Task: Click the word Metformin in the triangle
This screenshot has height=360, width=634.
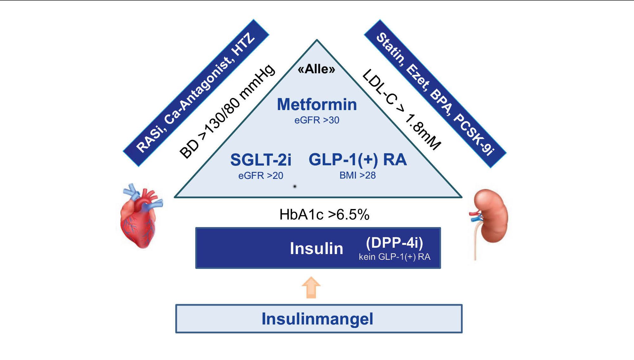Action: pyautogui.click(x=317, y=104)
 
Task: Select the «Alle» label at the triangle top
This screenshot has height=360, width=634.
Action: pyautogui.click(x=316, y=69)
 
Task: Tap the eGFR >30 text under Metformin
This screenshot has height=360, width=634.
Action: pyautogui.click(x=317, y=120)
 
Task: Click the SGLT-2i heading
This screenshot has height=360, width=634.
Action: pyautogui.click(x=261, y=160)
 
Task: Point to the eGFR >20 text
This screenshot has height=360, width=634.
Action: pyautogui.click(x=261, y=175)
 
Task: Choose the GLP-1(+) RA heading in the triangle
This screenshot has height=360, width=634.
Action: pyautogui.click(x=358, y=159)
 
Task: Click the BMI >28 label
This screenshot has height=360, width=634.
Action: pyautogui.click(x=358, y=175)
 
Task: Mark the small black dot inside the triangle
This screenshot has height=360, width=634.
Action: pyautogui.click(x=295, y=186)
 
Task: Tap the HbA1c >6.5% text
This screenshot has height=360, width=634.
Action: pyautogui.click(x=324, y=214)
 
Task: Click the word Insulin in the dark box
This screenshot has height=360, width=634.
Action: pyautogui.click(x=316, y=248)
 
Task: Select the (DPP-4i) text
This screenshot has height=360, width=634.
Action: pyautogui.click(x=394, y=243)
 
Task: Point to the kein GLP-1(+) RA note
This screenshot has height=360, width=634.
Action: pyautogui.click(x=394, y=257)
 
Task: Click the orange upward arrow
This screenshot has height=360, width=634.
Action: pyautogui.click(x=311, y=287)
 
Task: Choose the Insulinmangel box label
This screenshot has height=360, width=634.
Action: pyautogui.click(x=317, y=319)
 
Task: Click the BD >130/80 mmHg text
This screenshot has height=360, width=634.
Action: pyautogui.click(x=227, y=111)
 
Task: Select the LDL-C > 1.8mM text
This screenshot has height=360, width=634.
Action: pyautogui.click(x=402, y=109)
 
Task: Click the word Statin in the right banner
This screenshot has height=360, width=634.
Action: pyautogui.click(x=391, y=48)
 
